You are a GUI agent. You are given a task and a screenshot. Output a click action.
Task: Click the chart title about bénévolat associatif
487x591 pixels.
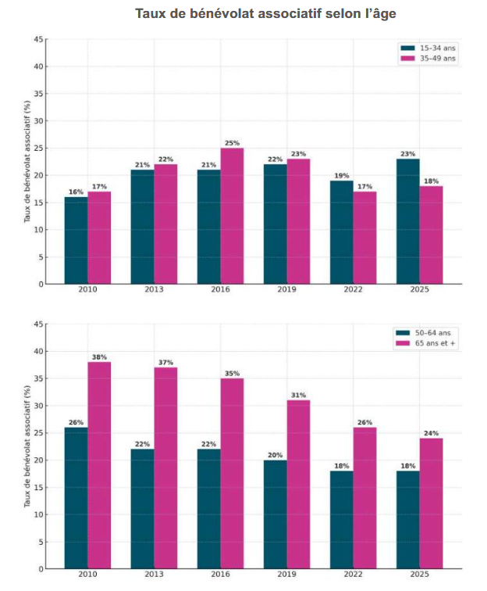point(271,14)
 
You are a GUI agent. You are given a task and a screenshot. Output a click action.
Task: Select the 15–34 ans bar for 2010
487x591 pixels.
point(76,240)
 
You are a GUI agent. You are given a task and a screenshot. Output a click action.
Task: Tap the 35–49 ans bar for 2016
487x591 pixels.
point(232,216)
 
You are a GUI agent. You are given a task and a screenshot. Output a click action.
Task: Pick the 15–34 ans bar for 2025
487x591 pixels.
point(408,221)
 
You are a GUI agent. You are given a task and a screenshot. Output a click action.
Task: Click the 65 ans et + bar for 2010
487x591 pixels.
point(99,465)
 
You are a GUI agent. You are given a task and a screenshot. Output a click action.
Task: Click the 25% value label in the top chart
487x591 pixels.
point(232,142)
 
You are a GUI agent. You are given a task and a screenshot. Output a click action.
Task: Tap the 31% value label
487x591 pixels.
point(299,394)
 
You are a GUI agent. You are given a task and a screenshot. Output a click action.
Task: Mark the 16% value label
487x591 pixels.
point(76,192)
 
